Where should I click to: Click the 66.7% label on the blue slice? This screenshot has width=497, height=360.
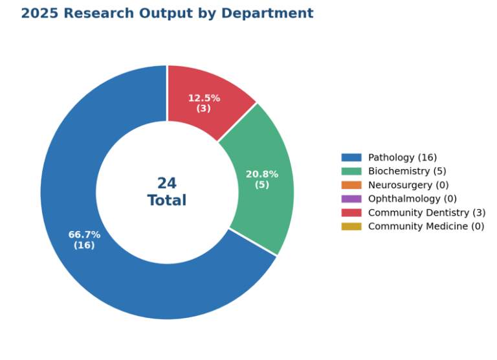click(84, 235)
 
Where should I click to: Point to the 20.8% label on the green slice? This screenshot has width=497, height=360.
click(262, 174)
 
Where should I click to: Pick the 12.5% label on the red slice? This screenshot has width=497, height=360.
click(204, 98)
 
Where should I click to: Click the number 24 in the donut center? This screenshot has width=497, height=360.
click(167, 183)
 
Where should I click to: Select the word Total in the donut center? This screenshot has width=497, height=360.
click(167, 200)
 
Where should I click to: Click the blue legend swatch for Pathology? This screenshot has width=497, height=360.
click(351, 157)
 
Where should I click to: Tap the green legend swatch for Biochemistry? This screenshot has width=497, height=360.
click(351, 172)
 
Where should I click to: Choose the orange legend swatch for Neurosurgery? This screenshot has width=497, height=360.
click(351, 185)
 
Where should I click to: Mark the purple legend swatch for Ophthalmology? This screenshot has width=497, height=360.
click(351, 199)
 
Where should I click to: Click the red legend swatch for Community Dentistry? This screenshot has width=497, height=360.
click(351, 212)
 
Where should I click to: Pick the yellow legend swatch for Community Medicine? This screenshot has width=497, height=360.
click(351, 227)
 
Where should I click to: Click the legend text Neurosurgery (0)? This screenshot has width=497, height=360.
click(408, 185)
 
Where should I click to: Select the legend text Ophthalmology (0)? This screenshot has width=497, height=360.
click(412, 199)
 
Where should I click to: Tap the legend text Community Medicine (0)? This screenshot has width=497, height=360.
click(426, 227)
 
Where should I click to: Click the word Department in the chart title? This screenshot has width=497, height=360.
click(267, 14)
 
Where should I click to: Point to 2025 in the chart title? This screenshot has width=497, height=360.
click(40, 14)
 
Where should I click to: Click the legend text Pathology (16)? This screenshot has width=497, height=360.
click(403, 157)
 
